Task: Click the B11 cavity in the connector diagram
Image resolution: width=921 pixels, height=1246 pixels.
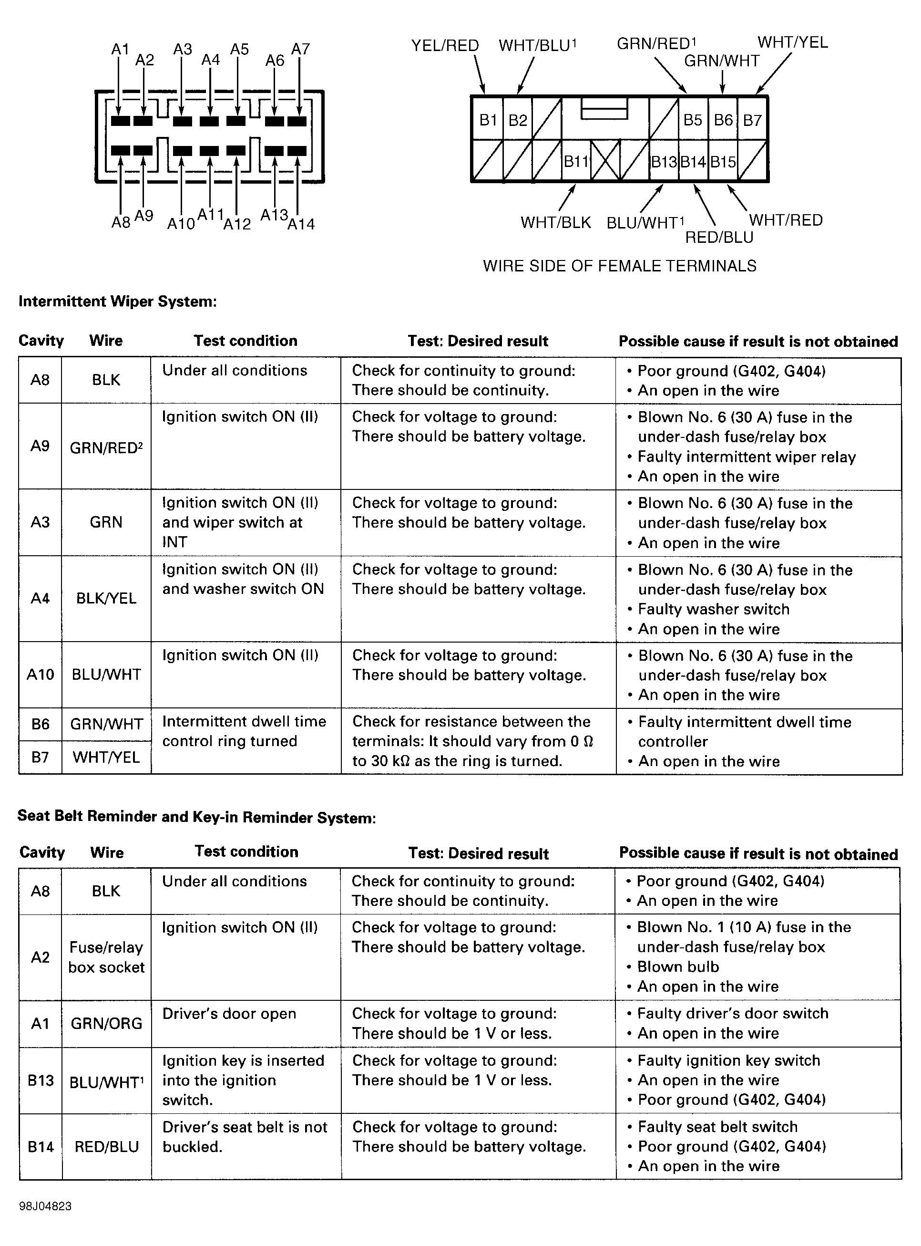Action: point(576,161)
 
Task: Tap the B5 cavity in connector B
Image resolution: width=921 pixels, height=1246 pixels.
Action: point(693,120)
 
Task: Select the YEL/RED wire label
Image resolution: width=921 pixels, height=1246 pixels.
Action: point(445,46)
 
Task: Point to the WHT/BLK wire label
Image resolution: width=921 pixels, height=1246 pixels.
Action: point(555,223)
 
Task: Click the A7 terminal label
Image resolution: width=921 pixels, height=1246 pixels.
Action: point(300,49)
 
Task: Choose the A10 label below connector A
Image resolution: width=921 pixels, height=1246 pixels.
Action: point(181,224)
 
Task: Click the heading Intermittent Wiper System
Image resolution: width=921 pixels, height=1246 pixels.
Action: point(118,301)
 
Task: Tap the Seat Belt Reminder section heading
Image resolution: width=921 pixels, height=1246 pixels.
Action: point(197,817)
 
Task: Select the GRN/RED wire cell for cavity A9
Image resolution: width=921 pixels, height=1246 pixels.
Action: point(106,448)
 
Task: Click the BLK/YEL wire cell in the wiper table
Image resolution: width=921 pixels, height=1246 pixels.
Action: point(106,599)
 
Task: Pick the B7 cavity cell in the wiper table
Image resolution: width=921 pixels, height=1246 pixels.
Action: point(40,757)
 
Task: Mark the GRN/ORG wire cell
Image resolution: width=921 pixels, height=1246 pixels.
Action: point(106,1023)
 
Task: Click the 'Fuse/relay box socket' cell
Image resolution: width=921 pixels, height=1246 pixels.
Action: point(106,957)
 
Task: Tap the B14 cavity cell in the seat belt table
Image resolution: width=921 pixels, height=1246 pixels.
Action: point(41,1146)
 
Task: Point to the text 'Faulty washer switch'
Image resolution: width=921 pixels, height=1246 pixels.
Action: point(713,609)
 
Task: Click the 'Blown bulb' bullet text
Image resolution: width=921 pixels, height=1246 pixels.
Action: point(678,966)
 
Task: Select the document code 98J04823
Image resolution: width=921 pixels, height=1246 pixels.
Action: point(45,1206)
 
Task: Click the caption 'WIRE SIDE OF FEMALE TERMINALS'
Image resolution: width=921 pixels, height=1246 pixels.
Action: point(619,266)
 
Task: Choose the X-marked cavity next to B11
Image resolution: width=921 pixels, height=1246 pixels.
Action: point(605,161)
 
